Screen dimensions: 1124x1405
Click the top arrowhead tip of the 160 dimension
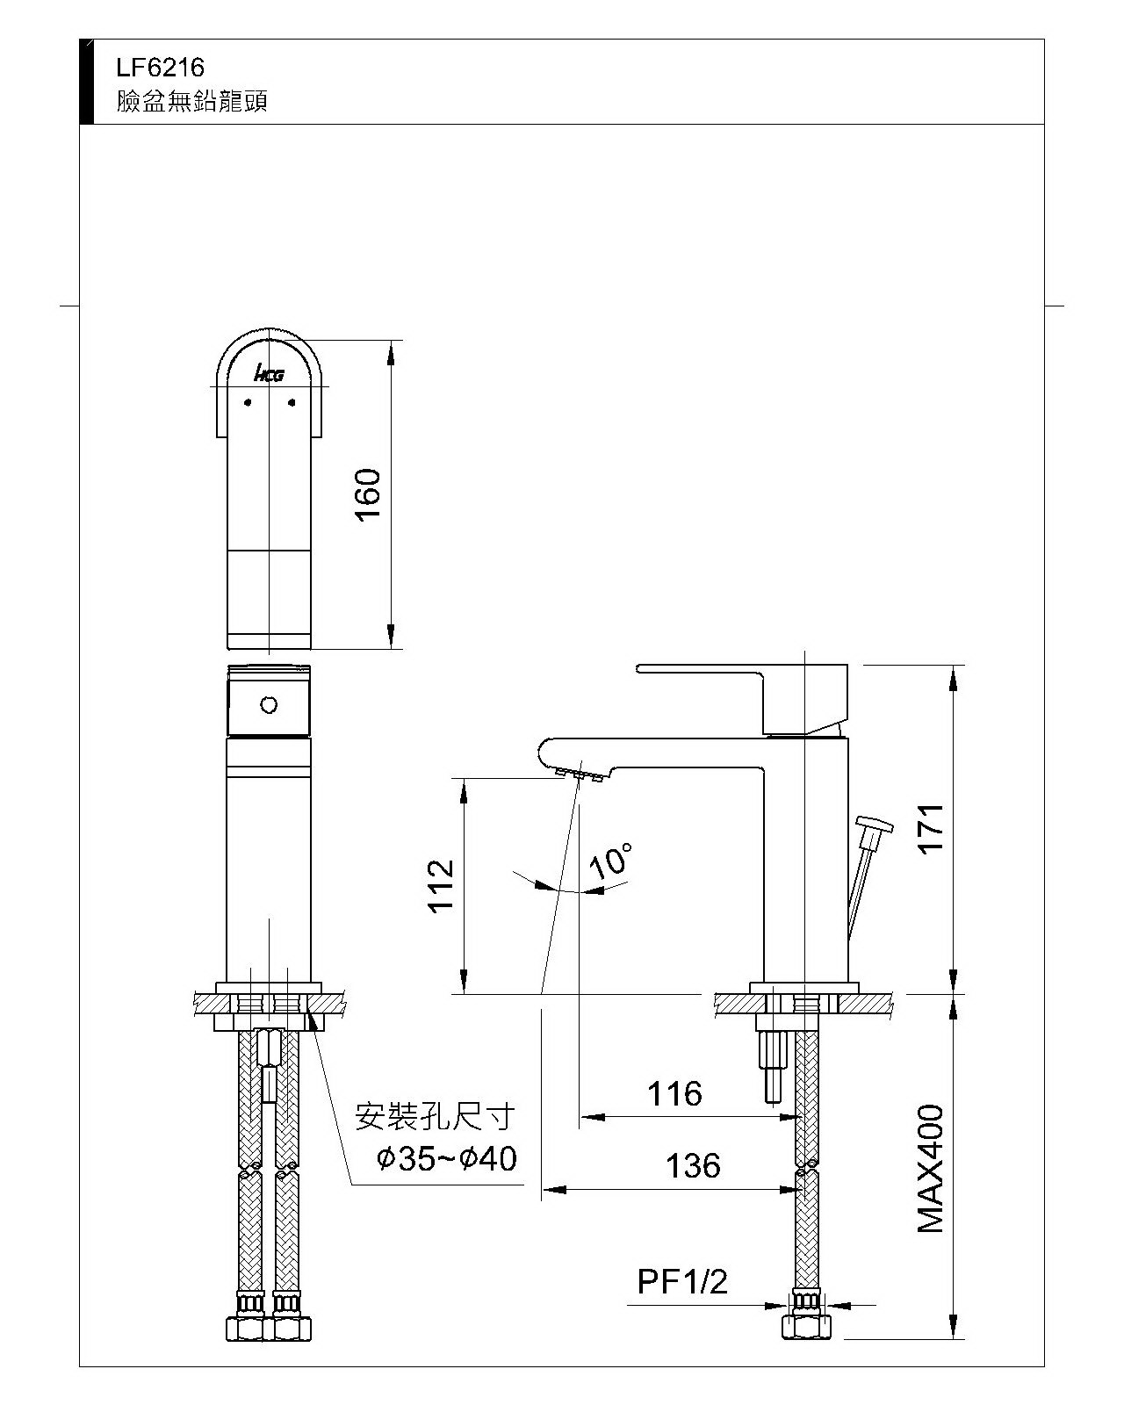[391, 340]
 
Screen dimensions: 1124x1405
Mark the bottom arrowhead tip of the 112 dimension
[464, 994]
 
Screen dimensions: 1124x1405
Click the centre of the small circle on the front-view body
[269, 705]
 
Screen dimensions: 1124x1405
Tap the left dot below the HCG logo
[248, 403]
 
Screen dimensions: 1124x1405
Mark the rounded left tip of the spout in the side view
[539, 756]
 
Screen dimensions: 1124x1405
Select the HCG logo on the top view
[269, 375]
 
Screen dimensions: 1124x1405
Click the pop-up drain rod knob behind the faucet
[875, 825]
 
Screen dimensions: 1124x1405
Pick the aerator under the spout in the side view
[579, 775]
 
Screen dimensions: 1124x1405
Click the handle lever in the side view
[742, 699]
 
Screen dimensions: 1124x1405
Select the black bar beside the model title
[86, 82]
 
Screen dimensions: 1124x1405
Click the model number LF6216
[160, 68]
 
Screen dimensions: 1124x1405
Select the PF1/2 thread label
[681, 1281]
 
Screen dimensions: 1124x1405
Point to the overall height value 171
[931, 828]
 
